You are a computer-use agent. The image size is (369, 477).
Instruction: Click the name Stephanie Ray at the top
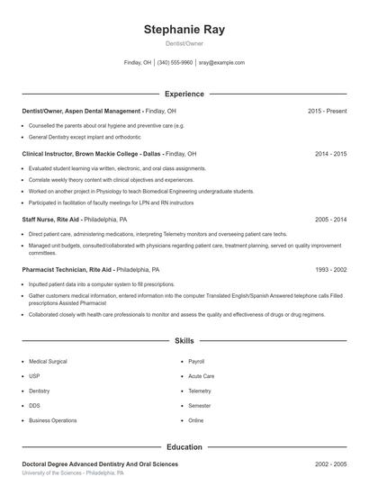(184, 29)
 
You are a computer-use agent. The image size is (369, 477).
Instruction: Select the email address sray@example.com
(221, 63)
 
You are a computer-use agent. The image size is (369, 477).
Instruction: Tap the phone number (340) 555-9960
(175, 63)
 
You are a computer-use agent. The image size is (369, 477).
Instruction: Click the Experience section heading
(184, 94)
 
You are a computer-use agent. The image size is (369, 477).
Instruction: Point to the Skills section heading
(184, 341)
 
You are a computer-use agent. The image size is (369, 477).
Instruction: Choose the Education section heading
(184, 446)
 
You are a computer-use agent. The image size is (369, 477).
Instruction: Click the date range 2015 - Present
(327, 111)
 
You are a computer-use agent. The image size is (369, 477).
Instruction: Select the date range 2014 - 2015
(330, 154)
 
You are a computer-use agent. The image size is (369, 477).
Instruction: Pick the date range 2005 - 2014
(330, 219)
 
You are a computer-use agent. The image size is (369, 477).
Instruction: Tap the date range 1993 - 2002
(330, 269)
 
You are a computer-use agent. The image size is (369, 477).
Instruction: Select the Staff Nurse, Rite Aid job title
(51, 219)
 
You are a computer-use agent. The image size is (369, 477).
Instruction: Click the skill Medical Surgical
(48, 362)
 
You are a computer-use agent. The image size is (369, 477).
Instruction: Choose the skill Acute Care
(201, 376)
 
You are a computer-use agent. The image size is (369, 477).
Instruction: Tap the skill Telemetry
(199, 391)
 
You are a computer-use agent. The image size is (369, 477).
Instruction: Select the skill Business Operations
(52, 420)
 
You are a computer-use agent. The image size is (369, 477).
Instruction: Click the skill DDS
(34, 406)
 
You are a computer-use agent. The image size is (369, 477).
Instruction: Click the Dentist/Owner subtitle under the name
(184, 43)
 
